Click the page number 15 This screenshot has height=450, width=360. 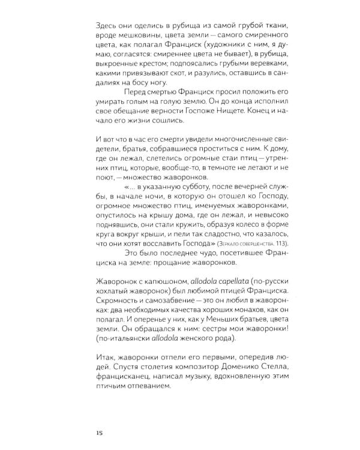[100, 432]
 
